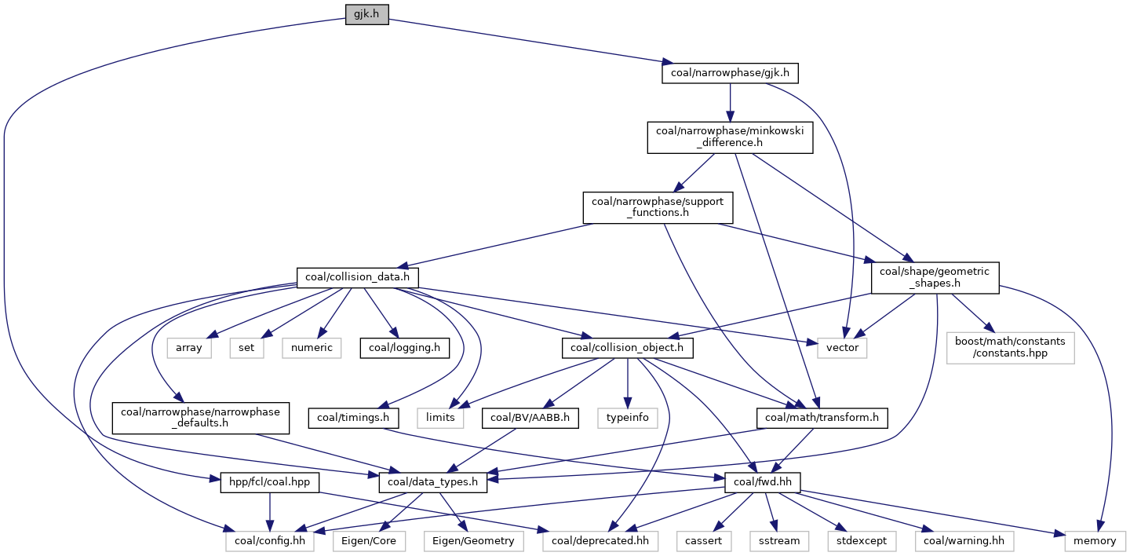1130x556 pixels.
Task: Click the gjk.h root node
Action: coord(366,15)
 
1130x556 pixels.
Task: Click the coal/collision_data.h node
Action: coord(357,277)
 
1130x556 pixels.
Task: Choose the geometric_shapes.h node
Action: coord(935,277)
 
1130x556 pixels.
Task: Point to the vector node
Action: coord(842,347)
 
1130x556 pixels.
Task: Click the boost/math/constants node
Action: coord(1011,347)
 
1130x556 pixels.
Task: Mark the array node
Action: coord(188,347)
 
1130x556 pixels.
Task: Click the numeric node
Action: coord(312,347)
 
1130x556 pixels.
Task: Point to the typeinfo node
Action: coord(628,417)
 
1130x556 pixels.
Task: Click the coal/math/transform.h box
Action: coord(822,417)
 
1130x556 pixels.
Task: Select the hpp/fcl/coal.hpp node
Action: coord(264,481)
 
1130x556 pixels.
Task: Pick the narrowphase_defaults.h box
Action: coord(201,417)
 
